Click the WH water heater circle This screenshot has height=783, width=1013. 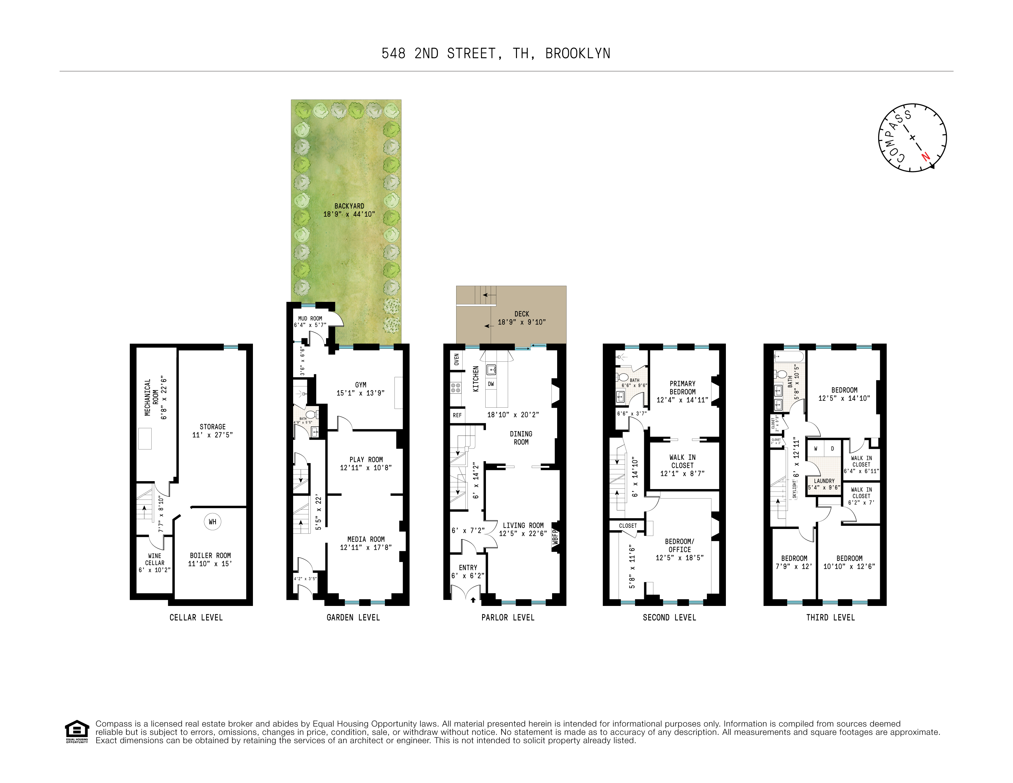tap(212, 522)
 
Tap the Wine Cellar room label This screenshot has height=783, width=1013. tap(154, 559)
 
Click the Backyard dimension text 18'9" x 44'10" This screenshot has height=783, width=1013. tap(349, 214)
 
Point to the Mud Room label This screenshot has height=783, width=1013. tap(310, 318)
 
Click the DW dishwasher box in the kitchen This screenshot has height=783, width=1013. tap(491, 384)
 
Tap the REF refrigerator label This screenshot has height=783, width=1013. tap(457, 415)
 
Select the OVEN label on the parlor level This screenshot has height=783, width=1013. tap(456, 359)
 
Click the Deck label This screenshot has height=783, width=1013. tap(521, 314)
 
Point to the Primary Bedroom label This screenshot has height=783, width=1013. tap(682, 388)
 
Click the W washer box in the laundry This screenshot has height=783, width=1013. tap(815, 449)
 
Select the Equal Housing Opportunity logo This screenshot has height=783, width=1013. tap(77, 731)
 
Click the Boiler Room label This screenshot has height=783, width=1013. tap(210, 556)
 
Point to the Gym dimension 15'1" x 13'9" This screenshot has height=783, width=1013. tap(360, 393)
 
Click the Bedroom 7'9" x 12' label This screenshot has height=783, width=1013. tap(794, 562)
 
